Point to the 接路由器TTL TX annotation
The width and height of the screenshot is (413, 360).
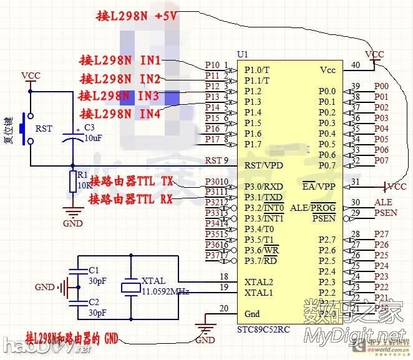click(x=130, y=182)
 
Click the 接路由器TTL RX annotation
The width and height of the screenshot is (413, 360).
click(x=130, y=199)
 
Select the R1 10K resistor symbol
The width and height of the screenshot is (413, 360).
click(x=74, y=182)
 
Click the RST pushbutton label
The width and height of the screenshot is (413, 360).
click(x=44, y=129)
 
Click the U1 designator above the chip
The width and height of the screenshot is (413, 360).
click(x=243, y=54)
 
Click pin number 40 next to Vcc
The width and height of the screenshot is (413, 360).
click(x=356, y=65)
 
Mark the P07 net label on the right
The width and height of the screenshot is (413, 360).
click(x=381, y=160)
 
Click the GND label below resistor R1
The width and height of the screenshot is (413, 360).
click(x=74, y=223)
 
